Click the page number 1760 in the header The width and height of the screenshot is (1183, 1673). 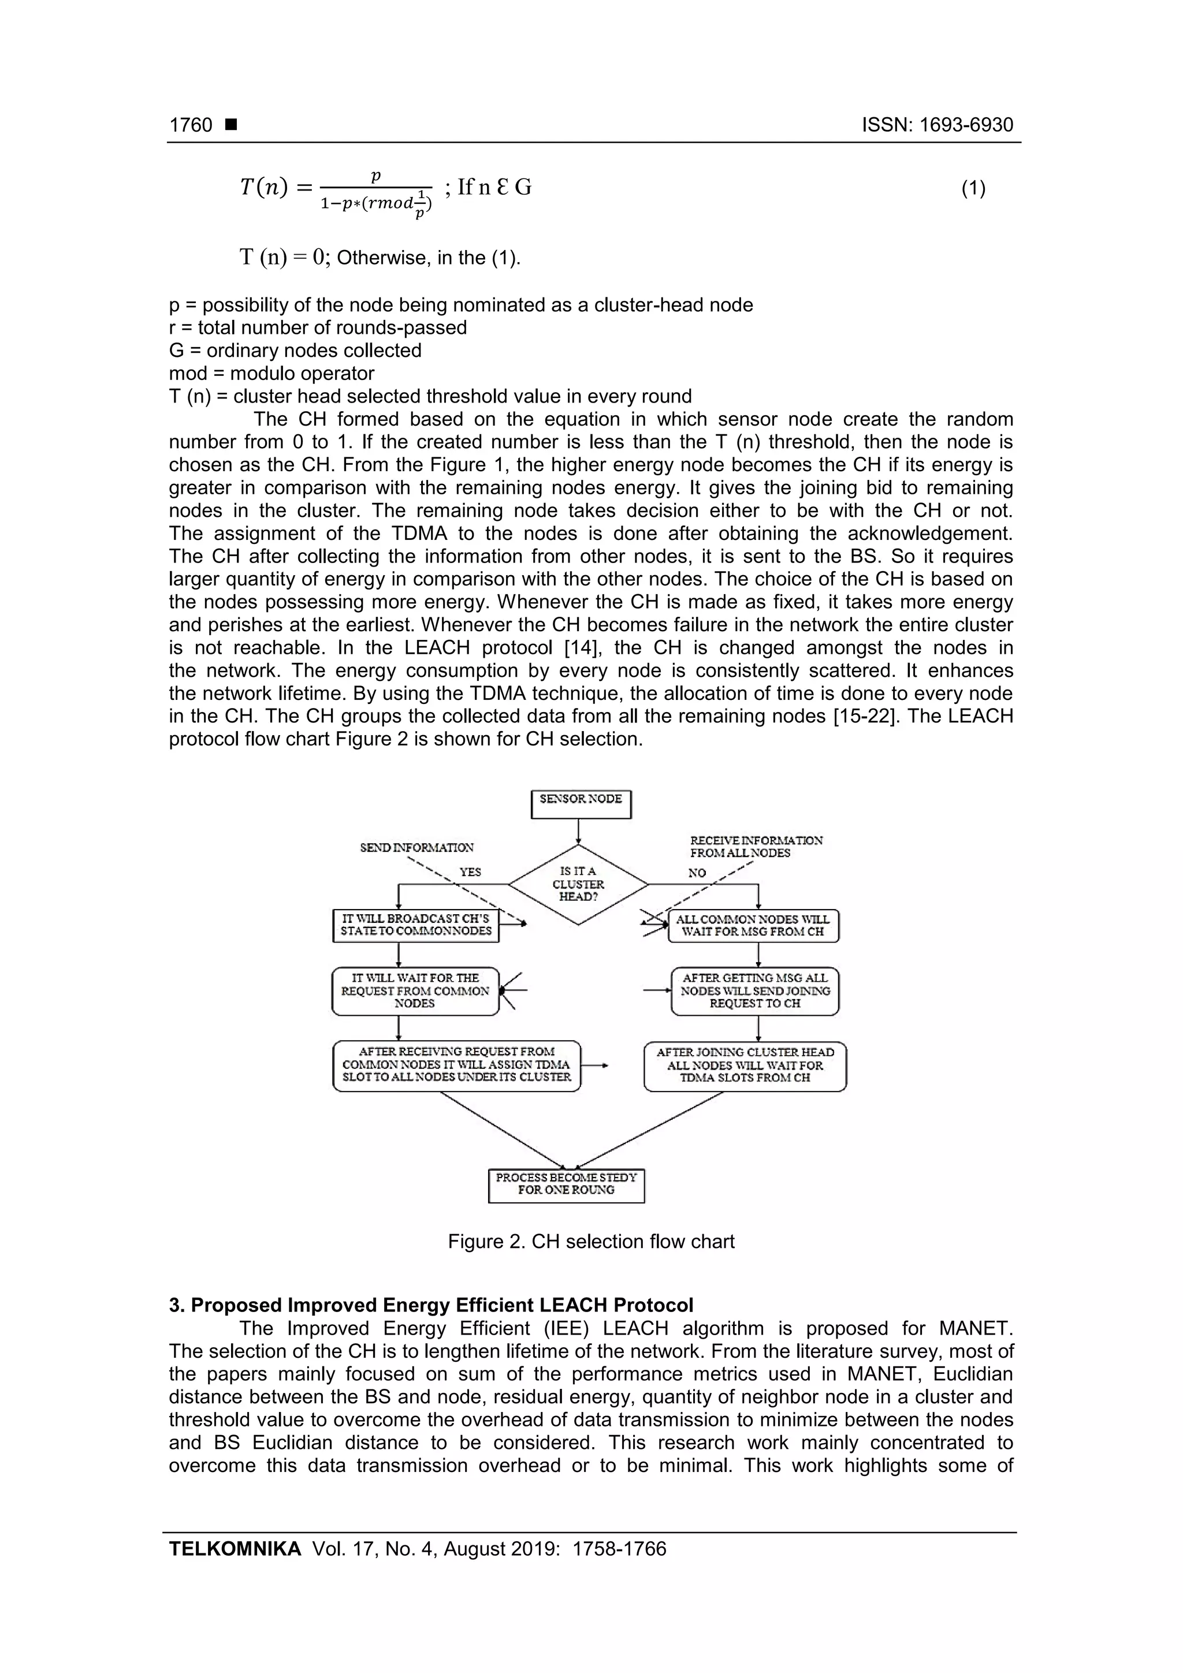pos(191,125)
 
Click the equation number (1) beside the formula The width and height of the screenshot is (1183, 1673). pos(973,189)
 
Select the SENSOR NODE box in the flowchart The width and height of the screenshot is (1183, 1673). pos(580,804)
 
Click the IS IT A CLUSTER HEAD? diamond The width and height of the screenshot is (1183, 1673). pos(578,885)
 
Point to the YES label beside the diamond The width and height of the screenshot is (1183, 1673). pos(470,872)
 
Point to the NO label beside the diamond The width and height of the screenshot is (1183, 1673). pos(697,873)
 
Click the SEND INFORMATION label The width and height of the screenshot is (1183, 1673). pos(417,847)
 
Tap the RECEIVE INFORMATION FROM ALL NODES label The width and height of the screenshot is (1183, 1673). pos(756,847)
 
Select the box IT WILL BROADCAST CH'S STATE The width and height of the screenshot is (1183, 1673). pos(415,925)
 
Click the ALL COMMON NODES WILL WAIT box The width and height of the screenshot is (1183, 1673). pos(753,925)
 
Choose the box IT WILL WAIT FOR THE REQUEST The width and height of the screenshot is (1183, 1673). pos(415,991)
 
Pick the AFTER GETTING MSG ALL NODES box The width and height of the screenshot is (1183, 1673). pos(754,991)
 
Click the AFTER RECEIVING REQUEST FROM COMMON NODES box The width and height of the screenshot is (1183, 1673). pos(456,1065)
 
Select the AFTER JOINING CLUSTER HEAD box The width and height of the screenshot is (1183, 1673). pos(745,1065)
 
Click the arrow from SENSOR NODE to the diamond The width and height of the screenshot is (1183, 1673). pos(579,832)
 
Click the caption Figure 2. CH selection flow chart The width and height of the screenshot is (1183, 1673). pos(591,1242)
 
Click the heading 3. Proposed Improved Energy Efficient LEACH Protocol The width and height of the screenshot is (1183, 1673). pos(431,1305)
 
